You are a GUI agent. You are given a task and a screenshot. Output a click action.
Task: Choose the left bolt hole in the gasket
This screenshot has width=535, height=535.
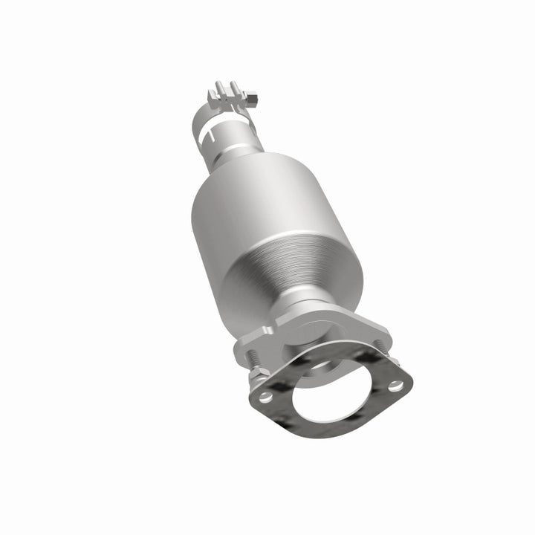point(265,398)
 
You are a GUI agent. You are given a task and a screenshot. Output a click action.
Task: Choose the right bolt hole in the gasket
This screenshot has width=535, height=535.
point(396,385)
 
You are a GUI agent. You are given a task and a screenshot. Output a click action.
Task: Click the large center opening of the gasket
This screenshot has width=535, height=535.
point(331,401)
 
